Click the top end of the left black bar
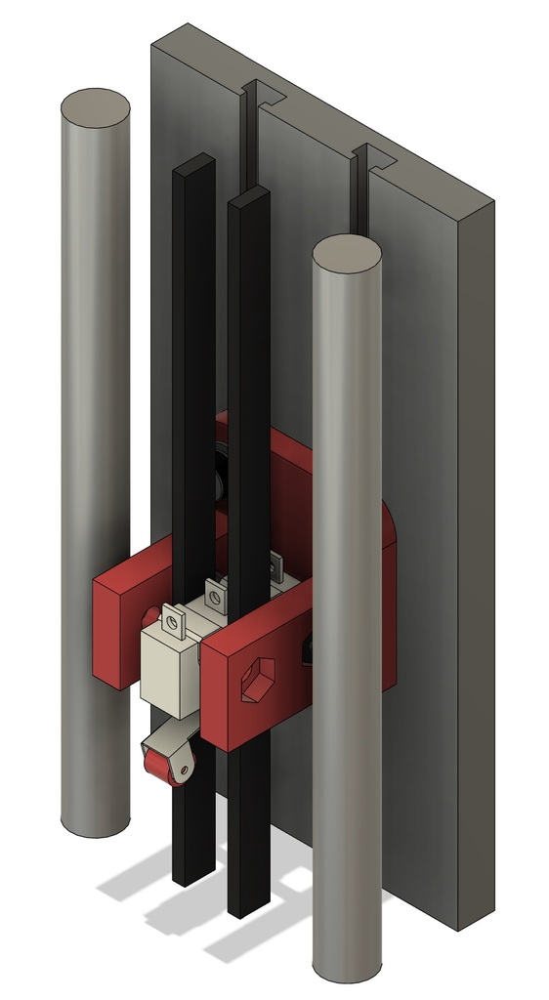[193, 163]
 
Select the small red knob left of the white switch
[148, 619]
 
